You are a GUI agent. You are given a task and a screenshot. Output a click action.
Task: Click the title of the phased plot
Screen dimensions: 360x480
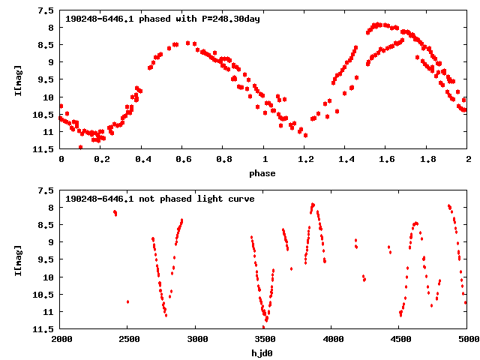(163, 19)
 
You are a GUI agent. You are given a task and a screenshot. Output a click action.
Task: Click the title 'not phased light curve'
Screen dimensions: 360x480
(160, 199)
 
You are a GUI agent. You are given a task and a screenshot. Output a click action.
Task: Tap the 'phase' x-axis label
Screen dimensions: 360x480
(262, 173)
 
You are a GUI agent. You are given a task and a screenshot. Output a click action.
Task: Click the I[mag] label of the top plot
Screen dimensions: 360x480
(18, 80)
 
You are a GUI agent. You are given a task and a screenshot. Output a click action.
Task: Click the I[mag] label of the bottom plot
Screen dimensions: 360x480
(18, 259)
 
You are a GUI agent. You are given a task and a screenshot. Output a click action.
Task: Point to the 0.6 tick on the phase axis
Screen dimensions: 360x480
(182, 159)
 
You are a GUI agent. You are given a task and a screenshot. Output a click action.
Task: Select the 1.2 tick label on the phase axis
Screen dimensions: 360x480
(304, 159)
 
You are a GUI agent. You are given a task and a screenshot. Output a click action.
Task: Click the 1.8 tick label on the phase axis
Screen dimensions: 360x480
(427, 159)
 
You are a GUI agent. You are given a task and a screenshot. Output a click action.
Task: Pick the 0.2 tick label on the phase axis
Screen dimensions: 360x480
(100, 159)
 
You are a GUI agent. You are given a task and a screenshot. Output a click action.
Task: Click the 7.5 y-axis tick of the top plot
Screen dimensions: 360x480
(46, 11)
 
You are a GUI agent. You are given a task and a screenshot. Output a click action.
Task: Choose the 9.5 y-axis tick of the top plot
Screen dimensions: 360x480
(46, 79)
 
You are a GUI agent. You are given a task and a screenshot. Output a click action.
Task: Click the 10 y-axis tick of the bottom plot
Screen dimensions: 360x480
(48, 277)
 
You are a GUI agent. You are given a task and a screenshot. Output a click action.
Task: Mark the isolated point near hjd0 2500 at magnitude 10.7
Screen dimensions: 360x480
(127, 301)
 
